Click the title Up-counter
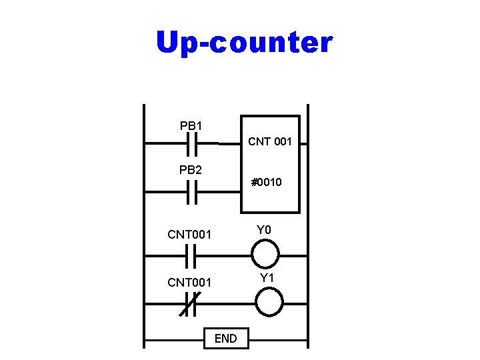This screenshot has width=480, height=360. point(243,43)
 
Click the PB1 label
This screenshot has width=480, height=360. point(191,125)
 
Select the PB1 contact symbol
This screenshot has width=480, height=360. point(192,143)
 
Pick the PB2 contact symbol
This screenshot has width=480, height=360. point(192,193)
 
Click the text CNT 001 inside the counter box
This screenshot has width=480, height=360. point(270,141)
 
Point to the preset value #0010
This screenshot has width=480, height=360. point(266,181)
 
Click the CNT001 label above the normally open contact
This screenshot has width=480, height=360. point(189,234)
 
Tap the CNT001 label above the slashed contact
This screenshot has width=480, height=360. point(189,283)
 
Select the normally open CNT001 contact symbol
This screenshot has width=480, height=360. point(191,255)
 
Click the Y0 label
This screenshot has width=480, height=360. point(265,231)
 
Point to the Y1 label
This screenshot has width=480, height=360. point(267,277)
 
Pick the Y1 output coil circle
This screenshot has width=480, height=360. point(269,302)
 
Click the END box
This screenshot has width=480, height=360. point(225,339)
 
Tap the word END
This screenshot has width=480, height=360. point(225,339)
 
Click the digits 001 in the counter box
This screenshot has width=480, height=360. point(281,141)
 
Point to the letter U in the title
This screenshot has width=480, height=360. point(167,43)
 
